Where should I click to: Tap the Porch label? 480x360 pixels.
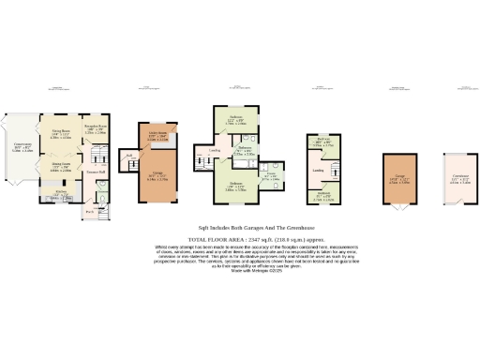(90, 211)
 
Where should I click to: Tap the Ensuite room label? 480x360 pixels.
(270, 176)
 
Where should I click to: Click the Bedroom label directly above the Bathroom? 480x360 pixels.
(236, 120)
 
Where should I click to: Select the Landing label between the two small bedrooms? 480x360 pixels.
(318, 171)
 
